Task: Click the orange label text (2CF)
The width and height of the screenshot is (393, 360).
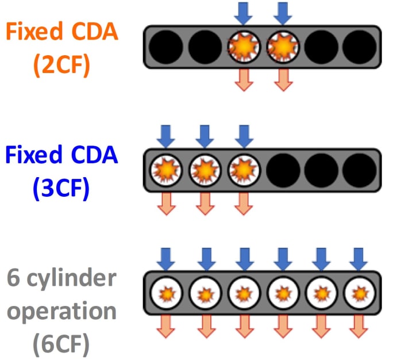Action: (61, 64)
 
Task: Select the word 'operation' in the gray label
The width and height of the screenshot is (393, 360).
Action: (60, 312)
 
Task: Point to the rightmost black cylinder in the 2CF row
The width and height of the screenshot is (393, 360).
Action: (360, 45)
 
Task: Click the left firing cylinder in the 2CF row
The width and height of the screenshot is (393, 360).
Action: (244, 45)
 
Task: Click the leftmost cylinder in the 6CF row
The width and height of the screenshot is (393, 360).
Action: (165, 293)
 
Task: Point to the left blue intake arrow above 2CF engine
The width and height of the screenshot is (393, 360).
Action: (244, 12)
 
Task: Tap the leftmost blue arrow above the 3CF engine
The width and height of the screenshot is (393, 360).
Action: (165, 135)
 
